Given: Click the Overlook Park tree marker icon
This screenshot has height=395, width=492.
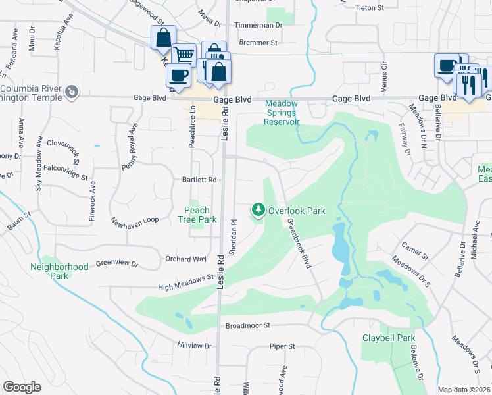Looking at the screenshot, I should coord(258,211).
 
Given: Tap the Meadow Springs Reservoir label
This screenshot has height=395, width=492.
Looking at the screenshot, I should coord(282,113).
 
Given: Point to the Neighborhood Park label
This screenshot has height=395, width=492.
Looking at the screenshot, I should coord(59,271).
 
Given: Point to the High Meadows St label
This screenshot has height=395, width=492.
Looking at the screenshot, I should coord(187,283).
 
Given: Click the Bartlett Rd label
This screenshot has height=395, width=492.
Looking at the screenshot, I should coord(199,180).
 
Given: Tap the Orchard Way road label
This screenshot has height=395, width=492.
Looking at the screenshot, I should coord(186,259).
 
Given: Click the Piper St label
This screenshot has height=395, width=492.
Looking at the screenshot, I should coord(282,346).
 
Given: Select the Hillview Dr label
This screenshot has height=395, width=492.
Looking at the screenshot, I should coord(194,346).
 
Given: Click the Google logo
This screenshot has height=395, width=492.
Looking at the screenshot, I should coord(22,387).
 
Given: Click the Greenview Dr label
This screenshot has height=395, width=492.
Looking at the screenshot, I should coord(117,264).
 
